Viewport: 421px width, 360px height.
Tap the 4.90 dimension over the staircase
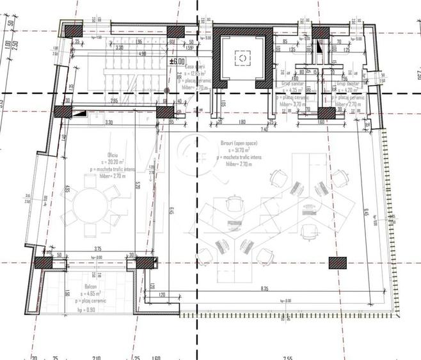(142, 54)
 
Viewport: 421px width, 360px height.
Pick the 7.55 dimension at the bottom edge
(288, 357)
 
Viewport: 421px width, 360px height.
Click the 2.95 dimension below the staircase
(115, 100)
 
